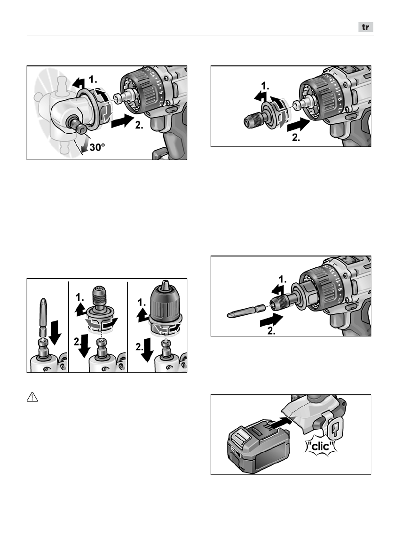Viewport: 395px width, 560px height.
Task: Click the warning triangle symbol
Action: pos(32,397)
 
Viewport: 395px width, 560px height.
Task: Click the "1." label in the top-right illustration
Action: pos(266,87)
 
